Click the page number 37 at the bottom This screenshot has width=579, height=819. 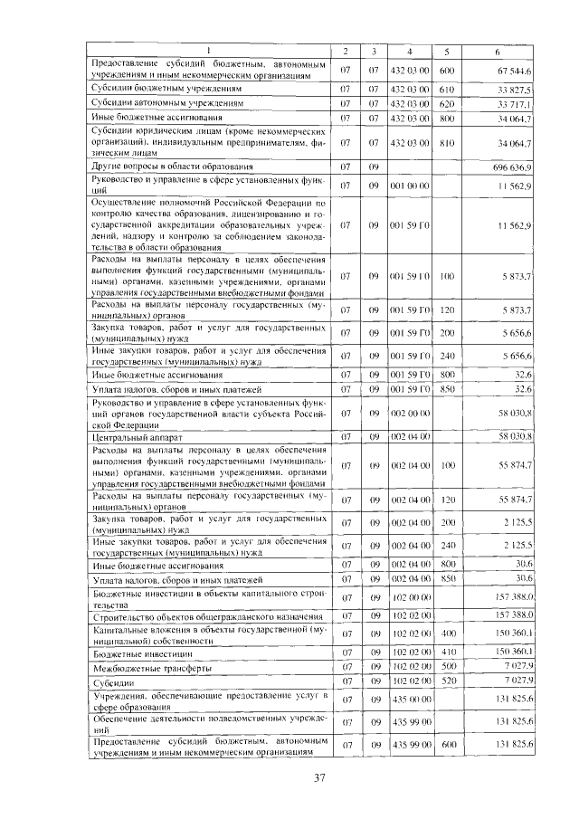tap(318, 777)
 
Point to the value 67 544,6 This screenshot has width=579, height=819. tap(515, 70)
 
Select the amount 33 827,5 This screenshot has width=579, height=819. tap(515, 90)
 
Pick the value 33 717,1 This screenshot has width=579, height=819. tap(515, 103)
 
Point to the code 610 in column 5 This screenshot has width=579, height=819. tap(446, 90)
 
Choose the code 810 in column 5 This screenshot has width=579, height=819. tap(446, 142)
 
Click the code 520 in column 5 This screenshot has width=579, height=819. tap(446, 681)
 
